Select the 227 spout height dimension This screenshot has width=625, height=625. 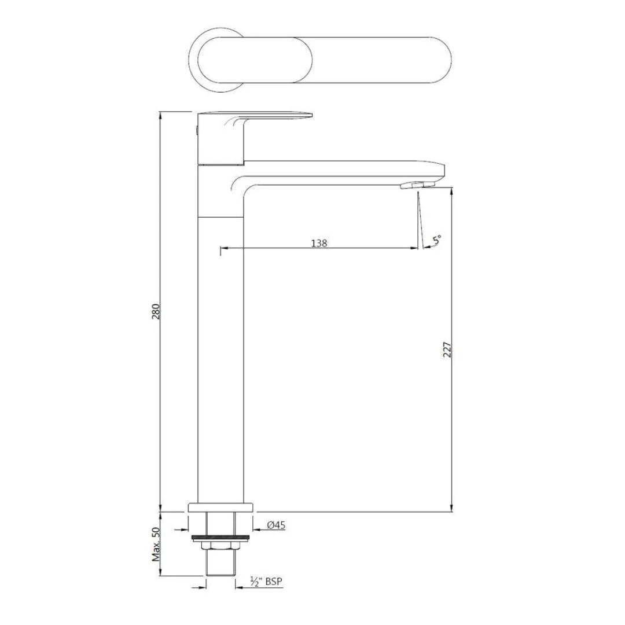[x=447, y=350]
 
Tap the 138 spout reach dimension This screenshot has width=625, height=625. [x=319, y=243]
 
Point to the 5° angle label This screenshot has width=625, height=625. [x=436, y=238]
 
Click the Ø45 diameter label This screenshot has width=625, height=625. [x=276, y=525]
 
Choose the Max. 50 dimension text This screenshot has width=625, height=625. [x=156, y=545]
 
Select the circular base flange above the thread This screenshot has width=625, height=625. [x=221, y=508]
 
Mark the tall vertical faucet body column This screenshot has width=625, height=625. [x=221, y=359]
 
